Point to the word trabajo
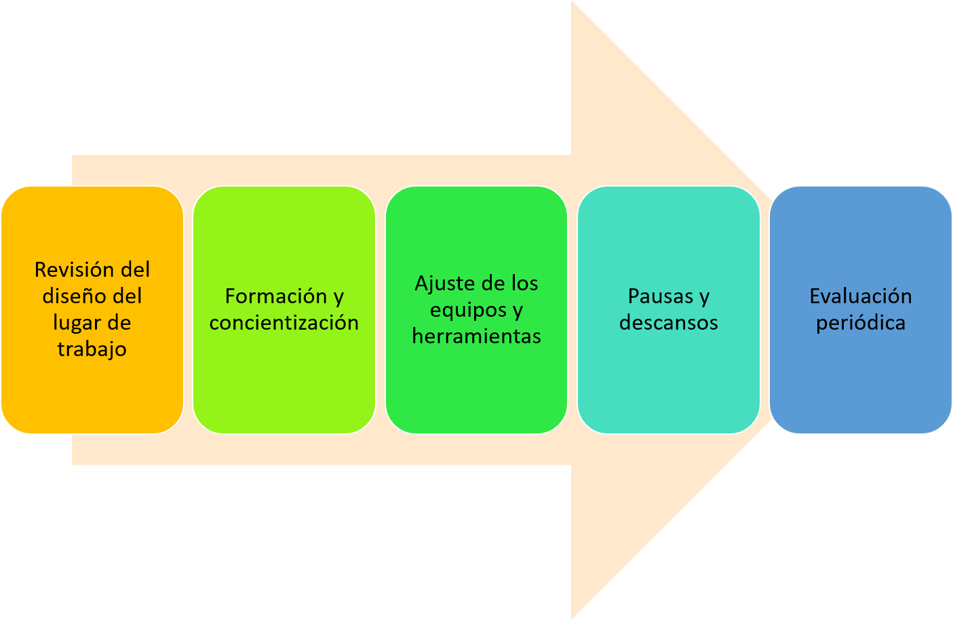[x=92, y=349]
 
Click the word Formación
[x=276, y=296]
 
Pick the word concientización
[x=284, y=323]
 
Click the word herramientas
[x=476, y=336]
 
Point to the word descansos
[x=668, y=323]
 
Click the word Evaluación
[x=860, y=296]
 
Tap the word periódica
[x=860, y=323]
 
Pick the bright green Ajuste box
[x=476, y=393]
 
